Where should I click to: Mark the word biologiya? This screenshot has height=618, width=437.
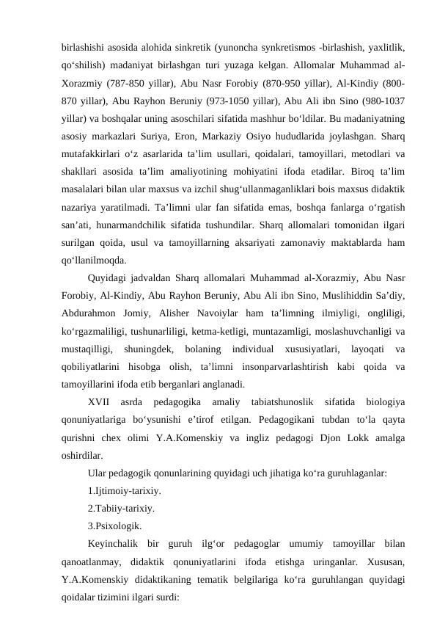pos(385,401)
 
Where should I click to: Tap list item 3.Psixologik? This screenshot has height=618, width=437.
pos(114,526)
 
